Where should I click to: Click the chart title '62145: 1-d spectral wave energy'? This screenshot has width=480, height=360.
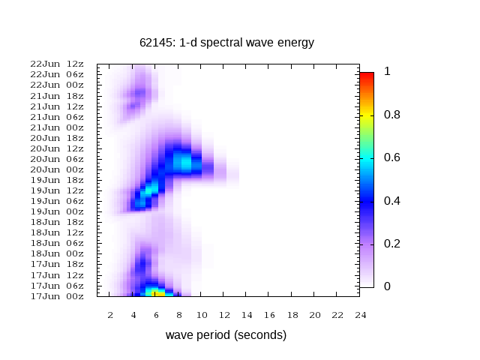coord(226,43)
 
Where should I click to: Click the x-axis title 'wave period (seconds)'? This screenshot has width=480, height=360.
coord(226,334)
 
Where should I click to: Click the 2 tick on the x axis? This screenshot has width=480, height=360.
coord(110,314)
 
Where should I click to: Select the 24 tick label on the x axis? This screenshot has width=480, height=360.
coord(361,314)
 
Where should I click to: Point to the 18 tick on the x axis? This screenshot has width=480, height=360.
coord(292,314)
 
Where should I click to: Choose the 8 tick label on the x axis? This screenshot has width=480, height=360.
coord(178,314)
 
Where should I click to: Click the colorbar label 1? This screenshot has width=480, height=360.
coord(387,72)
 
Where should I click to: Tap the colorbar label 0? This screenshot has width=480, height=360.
coord(387,286)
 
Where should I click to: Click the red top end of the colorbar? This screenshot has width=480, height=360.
coord(366,76)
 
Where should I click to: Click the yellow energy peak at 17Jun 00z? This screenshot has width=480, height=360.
coord(155,293)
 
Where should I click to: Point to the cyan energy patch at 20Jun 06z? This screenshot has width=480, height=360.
coord(182,159)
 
